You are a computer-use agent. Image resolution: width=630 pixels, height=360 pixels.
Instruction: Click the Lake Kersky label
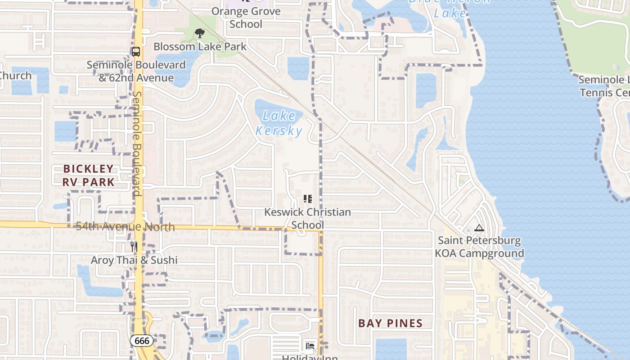[279, 123]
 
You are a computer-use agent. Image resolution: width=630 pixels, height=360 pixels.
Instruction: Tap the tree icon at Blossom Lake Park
[199, 33]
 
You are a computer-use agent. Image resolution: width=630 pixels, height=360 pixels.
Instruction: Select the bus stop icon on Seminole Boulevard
[136, 51]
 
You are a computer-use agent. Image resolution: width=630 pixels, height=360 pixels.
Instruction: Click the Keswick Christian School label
[307, 218]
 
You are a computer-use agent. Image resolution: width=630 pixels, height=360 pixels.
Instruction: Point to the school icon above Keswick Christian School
[308, 198]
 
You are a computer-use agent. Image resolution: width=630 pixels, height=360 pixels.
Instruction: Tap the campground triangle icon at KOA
[479, 228]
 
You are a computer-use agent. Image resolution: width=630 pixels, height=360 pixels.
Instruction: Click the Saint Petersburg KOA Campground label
[479, 247]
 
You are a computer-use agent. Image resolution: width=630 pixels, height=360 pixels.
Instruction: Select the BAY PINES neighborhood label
[390, 323]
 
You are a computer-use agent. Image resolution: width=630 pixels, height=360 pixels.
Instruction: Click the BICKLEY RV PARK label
[89, 175]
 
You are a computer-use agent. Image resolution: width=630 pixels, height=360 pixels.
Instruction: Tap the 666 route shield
[142, 341]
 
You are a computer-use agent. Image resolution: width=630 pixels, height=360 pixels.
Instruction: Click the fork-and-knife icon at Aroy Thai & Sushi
[134, 246]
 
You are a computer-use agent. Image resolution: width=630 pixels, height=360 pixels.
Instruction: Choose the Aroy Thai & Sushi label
[134, 260]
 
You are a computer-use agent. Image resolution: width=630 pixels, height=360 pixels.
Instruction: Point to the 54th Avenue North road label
[125, 226]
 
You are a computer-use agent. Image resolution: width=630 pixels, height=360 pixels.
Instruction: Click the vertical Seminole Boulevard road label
[137, 144]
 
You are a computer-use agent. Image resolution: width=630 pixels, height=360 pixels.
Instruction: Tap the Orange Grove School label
[246, 18]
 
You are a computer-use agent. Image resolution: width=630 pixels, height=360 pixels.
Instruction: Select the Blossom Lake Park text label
[200, 46]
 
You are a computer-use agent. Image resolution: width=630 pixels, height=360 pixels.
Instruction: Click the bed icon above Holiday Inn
[310, 346]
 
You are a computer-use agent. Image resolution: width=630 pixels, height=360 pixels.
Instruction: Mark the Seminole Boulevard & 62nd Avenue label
[136, 71]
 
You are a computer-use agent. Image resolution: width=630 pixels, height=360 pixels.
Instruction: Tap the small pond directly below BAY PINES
[391, 349]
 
